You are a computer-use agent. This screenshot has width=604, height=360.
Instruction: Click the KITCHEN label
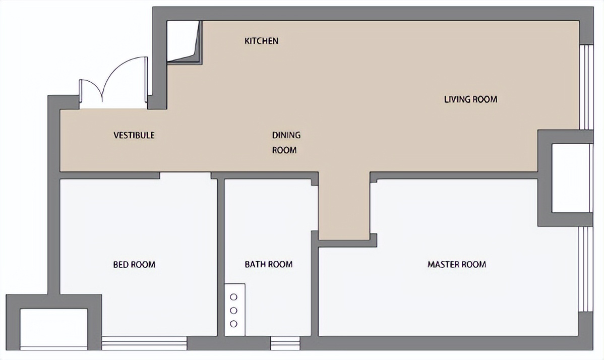pos(261,41)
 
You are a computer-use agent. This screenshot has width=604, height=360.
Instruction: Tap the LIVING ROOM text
pos(471,99)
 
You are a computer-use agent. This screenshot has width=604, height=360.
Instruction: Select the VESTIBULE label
pos(134,135)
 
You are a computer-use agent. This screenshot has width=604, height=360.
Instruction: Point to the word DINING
pos(286,135)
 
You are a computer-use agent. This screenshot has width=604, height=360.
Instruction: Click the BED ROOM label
pos(135,265)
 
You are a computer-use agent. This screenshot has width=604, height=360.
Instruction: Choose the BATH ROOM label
pos(269,265)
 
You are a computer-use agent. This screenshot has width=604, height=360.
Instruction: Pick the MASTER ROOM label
pos(457,265)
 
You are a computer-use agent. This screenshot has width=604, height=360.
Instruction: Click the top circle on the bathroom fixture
pos(233,297)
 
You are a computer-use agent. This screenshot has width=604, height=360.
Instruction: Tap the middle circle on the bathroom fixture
pos(233,310)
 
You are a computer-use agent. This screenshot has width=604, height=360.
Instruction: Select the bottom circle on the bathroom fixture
pos(233,324)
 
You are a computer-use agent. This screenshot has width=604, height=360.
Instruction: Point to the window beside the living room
pos(586,87)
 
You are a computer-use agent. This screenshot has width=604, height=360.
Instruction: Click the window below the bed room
pos(145,343)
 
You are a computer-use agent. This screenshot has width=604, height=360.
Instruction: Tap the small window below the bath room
pos(285,343)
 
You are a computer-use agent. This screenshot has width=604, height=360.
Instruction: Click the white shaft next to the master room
pos(572,178)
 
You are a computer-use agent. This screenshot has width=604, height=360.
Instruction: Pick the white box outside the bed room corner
pos(54,329)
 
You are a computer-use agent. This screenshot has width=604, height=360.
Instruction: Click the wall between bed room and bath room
pos(221,257)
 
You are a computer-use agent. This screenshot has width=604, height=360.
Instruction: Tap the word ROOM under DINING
pos(284,150)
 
